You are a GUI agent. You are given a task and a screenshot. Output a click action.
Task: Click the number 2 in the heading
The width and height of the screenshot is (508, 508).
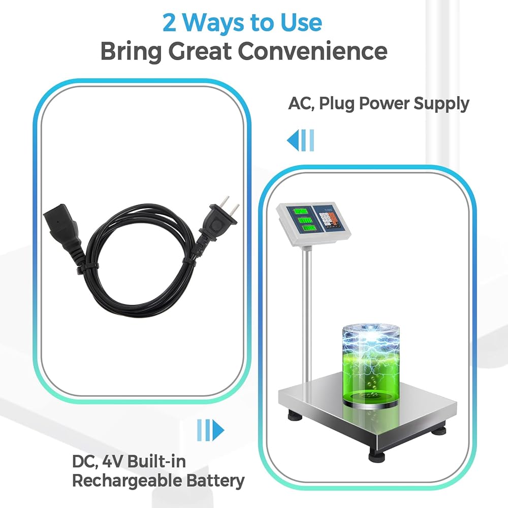(x=169, y=23)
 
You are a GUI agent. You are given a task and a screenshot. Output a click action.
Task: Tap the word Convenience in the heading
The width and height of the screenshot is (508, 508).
(x=312, y=51)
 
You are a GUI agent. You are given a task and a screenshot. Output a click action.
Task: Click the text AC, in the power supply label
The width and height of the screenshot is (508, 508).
(x=301, y=104)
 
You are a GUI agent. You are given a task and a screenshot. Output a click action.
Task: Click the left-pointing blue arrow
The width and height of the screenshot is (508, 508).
(x=300, y=140)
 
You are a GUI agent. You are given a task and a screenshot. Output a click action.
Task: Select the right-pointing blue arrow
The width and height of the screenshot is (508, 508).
(x=211, y=430)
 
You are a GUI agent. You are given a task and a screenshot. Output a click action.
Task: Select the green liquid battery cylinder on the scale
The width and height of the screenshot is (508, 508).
(x=371, y=366)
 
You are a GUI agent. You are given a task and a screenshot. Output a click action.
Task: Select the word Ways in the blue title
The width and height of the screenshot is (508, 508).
(x=214, y=23)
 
